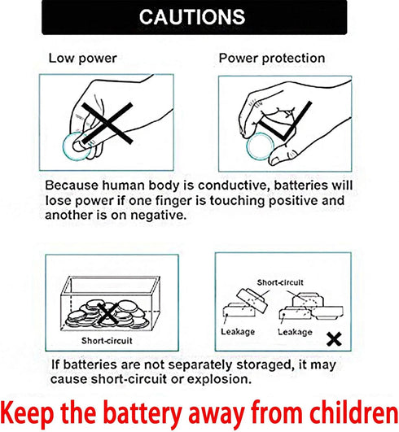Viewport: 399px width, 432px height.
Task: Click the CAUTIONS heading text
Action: [x=192, y=17]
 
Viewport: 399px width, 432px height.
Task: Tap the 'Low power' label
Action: [x=83, y=59]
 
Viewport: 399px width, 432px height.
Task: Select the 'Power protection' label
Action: [x=272, y=59]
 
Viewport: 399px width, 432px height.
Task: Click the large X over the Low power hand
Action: [x=107, y=123]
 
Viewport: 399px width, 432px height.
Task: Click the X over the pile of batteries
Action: [x=107, y=313]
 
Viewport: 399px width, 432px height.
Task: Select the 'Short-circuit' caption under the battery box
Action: [x=107, y=341]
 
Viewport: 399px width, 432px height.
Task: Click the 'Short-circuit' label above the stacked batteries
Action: [x=280, y=282]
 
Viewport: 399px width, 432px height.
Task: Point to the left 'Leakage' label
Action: [x=238, y=332]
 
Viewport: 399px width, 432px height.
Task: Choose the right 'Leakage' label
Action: [x=295, y=332]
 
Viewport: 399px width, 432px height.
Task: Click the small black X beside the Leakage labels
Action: [x=334, y=339]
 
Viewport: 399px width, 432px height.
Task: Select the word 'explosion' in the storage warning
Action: [x=220, y=379]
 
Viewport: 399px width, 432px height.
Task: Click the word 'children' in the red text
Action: [x=354, y=413]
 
